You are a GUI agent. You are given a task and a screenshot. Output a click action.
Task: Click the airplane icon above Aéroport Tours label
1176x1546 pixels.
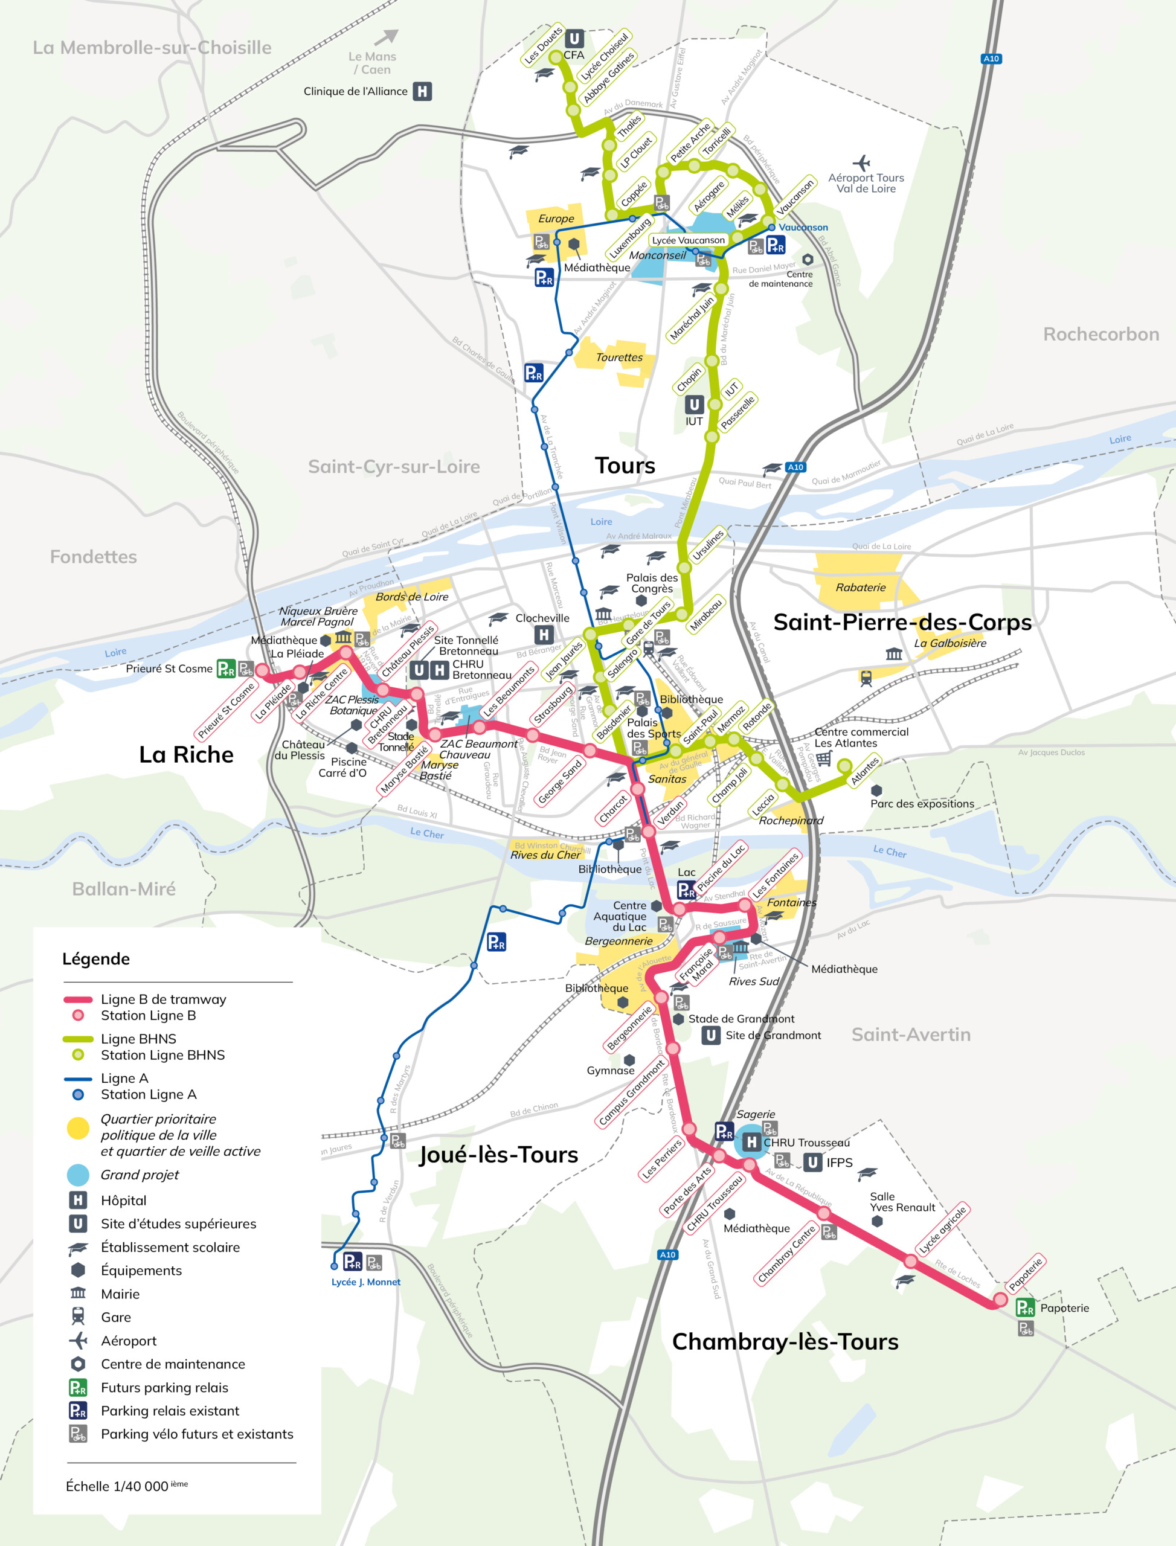[x=861, y=163]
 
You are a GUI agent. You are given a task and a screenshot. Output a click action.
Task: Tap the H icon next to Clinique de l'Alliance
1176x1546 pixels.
[x=422, y=91]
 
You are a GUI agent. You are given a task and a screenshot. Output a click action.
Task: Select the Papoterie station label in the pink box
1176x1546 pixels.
[x=1026, y=1274]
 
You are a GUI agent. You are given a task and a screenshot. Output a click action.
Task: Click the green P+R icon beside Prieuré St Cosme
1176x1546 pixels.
[x=225, y=669]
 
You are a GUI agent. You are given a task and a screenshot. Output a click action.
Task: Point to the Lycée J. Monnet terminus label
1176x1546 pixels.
[x=365, y=1282]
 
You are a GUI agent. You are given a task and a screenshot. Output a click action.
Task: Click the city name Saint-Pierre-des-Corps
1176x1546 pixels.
[x=902, y=622]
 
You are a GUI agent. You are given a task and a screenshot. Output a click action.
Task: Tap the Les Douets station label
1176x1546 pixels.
[x=543, y=46]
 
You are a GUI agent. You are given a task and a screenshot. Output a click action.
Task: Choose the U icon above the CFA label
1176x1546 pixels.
[x=574, y=39]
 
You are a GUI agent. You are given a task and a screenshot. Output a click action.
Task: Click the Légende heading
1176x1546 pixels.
[x=96, y=959]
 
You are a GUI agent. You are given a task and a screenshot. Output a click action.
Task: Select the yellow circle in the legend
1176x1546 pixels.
[x=78, y=1128]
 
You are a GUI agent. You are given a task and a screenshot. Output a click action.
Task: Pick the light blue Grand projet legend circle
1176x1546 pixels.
[x=78, y=1175]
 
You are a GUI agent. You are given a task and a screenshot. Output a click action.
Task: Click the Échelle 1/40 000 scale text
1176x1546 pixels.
[x=126, y=1486]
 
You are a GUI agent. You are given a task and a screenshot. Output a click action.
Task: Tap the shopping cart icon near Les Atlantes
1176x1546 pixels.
[x=824, y=759]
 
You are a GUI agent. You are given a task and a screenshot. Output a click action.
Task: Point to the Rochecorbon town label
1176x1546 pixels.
[x=1100, y=335]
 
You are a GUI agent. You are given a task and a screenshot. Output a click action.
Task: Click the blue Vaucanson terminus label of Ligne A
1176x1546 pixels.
[x=803, y=228]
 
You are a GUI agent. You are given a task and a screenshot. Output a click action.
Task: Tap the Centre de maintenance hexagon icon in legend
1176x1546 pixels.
[x=78, y=1364]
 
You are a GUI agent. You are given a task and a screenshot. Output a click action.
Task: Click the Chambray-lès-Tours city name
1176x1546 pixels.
[x=785, y=1342]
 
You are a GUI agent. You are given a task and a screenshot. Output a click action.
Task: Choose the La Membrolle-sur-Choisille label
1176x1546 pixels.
[x=152, y=48]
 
